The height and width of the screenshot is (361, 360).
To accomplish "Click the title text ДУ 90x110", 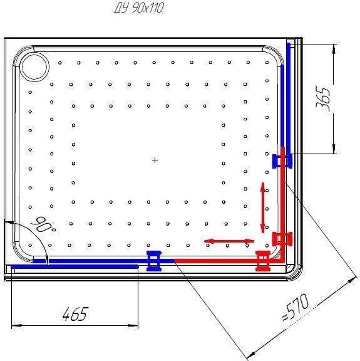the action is coord(139,8).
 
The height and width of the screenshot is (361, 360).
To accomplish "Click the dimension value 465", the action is coord(75,313).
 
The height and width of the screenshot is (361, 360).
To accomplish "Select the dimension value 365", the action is coord(322,98).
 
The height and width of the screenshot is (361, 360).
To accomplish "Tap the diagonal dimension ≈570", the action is coord(295,306).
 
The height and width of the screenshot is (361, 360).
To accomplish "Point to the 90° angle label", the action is coord(44,224).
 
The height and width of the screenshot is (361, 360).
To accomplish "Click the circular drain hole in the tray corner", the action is coord(34,66).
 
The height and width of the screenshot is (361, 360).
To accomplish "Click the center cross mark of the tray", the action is coord(155,160).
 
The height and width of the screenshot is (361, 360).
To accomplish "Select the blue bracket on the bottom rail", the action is coord(154,261).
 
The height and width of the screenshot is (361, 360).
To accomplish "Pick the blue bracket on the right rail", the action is coord(282,161).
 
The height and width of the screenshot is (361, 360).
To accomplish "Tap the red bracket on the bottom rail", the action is coord(263,261).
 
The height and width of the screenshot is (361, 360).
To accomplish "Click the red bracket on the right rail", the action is coord(282,239).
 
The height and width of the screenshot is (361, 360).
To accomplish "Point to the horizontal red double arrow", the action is coord(229,241).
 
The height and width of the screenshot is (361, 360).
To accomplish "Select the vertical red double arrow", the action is coord(263,207).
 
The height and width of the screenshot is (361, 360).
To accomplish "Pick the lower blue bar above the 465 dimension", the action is coord(75,266).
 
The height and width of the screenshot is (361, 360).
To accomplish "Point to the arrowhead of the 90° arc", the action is coord(47,259).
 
